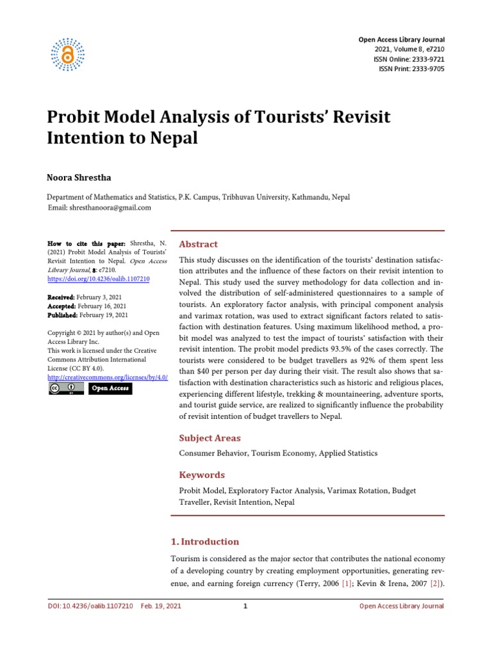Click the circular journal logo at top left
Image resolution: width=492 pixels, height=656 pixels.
67,54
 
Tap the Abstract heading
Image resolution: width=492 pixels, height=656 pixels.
198,244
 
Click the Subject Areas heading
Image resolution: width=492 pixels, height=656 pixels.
209,438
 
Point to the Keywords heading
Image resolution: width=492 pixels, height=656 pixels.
202,475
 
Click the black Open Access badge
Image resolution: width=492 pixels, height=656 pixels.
110,388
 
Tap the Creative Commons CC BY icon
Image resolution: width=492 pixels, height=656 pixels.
66,388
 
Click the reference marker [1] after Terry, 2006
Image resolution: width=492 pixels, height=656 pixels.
347,585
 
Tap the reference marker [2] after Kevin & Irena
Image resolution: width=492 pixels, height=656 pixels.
435,585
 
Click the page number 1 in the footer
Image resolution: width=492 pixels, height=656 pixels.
245,606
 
